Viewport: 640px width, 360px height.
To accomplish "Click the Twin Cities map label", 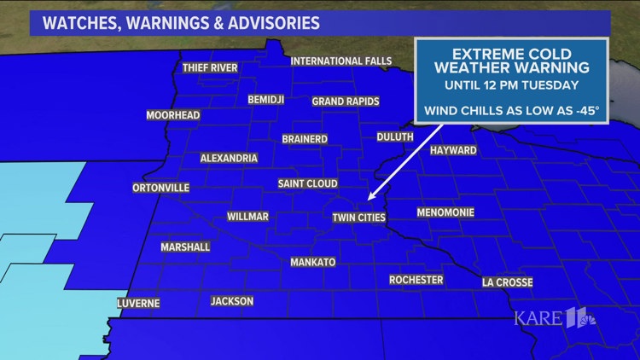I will [359, 218].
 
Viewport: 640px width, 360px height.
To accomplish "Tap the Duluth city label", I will [394, 136].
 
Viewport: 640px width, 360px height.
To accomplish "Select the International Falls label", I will [340, 61].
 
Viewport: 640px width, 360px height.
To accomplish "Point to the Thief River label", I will [210, 68].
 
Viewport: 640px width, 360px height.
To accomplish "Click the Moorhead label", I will [172, 115].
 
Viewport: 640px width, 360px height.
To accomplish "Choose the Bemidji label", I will [265, 100].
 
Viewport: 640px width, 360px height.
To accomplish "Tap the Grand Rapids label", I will [340, 101].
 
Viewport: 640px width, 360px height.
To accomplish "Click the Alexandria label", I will [229, 159].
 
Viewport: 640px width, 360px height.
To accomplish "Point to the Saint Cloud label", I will [308, 184].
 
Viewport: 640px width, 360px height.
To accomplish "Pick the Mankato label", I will [312, 262].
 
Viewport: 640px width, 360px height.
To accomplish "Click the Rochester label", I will [416, 280].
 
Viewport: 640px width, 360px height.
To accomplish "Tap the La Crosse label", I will [507, 282].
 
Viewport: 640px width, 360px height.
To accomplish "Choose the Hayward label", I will [454, 150].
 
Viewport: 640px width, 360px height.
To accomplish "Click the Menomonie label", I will [445, 212].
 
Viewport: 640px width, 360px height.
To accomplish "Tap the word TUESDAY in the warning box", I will [550, 85].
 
